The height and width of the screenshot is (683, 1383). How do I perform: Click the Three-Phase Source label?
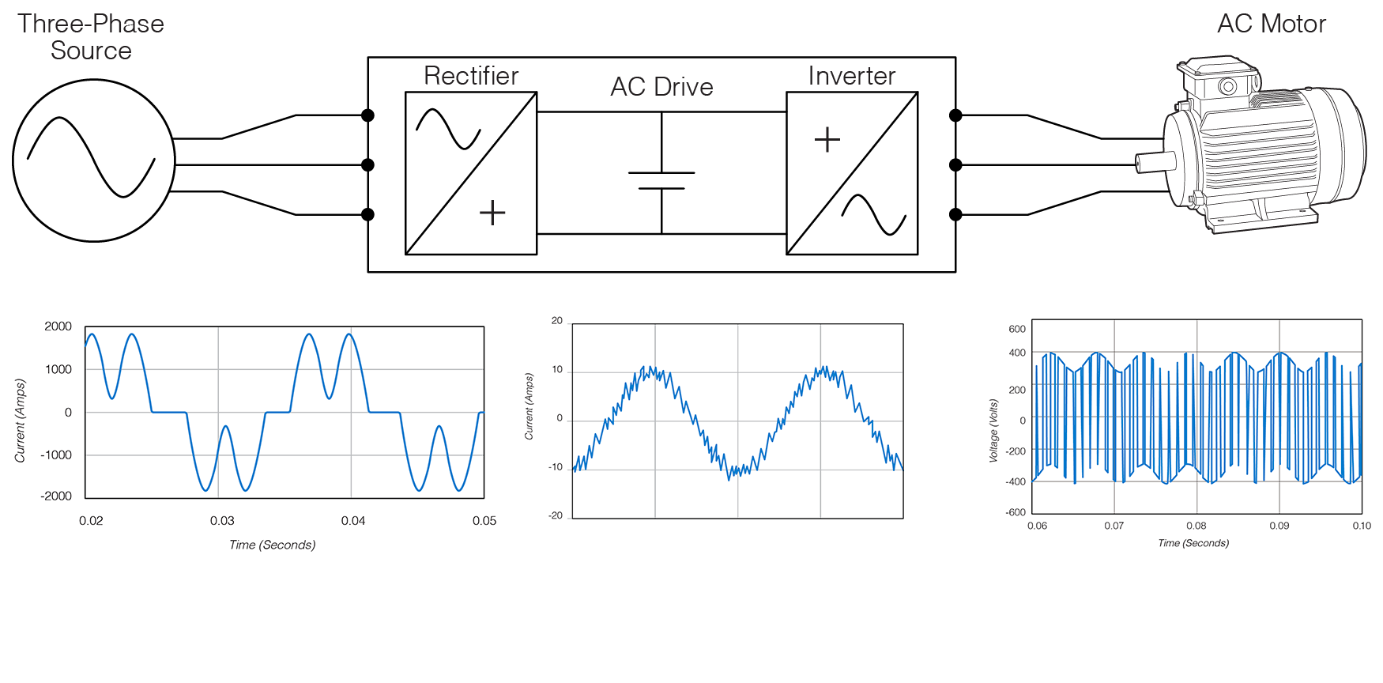tap(91, 37)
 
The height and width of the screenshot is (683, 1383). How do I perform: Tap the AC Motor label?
tap(1271, 24)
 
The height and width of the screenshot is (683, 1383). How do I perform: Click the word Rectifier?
tap(471, 76)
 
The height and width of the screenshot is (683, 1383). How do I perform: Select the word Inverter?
tap(851, 76)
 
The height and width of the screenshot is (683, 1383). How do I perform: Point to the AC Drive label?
tap(661, 87)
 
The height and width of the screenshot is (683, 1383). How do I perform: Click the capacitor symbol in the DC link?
tap(661, 180)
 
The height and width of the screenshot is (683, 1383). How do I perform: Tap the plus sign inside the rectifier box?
tap(492, 213)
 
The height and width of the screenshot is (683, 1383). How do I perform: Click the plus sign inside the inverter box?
tap(827, 140)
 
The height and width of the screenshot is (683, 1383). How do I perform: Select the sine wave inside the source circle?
tap(91, 157)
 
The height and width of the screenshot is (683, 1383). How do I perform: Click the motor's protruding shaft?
tap(1154, 163)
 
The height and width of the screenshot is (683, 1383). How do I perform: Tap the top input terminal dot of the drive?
tap(367, 115)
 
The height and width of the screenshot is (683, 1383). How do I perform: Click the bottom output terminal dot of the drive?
tap(955, 214)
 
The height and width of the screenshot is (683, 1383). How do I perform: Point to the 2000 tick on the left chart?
tap(58, 326)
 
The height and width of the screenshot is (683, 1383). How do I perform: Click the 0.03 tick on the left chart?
tap(222, 521)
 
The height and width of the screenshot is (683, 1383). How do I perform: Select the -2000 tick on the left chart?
tap(56, 496)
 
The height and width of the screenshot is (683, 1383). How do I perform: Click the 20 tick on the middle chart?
tap(557, 321)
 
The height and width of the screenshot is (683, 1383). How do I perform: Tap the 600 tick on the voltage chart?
tap(1017, 330)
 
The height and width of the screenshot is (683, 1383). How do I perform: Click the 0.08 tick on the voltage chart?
tap(1196, 526)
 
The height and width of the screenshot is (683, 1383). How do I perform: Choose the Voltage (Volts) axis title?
tap(993, 430)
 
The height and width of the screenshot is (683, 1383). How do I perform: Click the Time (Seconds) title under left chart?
tap(273, 545)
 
